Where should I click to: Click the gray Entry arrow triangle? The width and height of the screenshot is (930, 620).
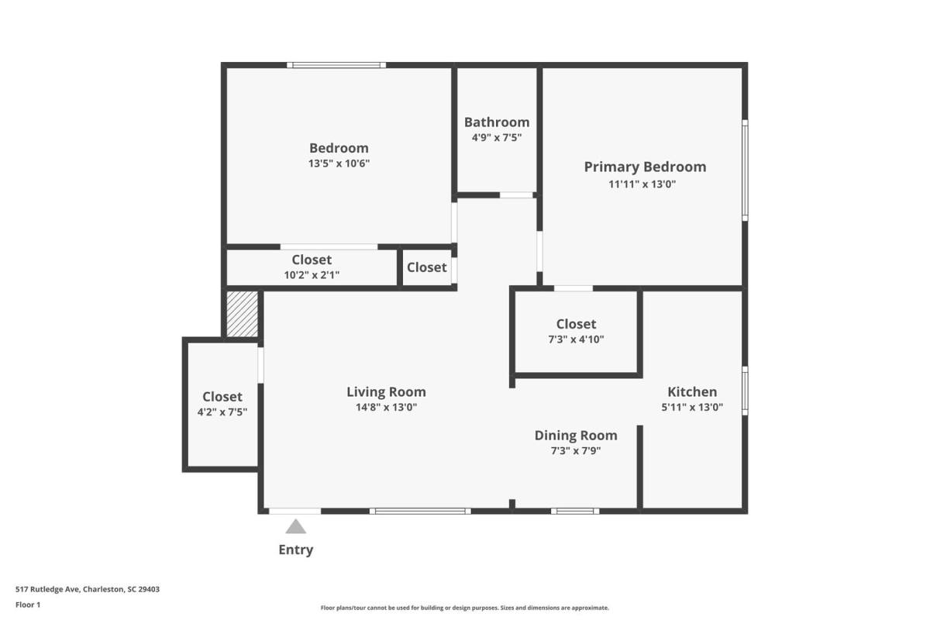(x=295, y=526)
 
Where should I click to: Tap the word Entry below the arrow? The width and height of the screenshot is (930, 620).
(x=295, y=549)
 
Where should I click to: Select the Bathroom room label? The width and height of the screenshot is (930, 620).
(x=497, y=122)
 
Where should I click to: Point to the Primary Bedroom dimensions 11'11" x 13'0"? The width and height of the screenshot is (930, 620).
(x=642, y=184)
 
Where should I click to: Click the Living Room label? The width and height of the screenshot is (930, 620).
(x=386, y=391)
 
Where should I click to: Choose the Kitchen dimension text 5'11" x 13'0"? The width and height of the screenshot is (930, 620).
(x=692, y=407)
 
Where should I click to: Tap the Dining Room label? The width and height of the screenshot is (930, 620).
(x=576, y=436)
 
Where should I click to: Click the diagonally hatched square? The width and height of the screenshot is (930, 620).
(x=242, y=314)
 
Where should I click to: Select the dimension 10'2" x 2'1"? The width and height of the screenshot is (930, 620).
(x=312, y=275)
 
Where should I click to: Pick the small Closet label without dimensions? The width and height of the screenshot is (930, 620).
(x=427, y=267)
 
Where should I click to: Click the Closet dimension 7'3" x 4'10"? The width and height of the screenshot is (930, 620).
(x=576, y=339)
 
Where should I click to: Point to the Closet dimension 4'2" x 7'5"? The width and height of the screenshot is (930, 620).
(x=222, y=412)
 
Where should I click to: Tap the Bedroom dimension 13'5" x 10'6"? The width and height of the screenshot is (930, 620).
(x=339, y=164)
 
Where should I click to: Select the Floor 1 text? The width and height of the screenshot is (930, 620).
(x=28, y=604)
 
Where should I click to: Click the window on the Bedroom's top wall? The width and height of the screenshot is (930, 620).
(x=336, y=65)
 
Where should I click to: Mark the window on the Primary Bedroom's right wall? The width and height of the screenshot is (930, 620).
(x=745, y=170)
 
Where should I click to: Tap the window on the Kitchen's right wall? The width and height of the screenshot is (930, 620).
(x=745, y=391)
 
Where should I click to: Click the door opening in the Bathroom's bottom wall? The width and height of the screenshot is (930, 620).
(x=516, y=195)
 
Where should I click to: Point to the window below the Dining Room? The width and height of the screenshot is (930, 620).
(x=575, y=511)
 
